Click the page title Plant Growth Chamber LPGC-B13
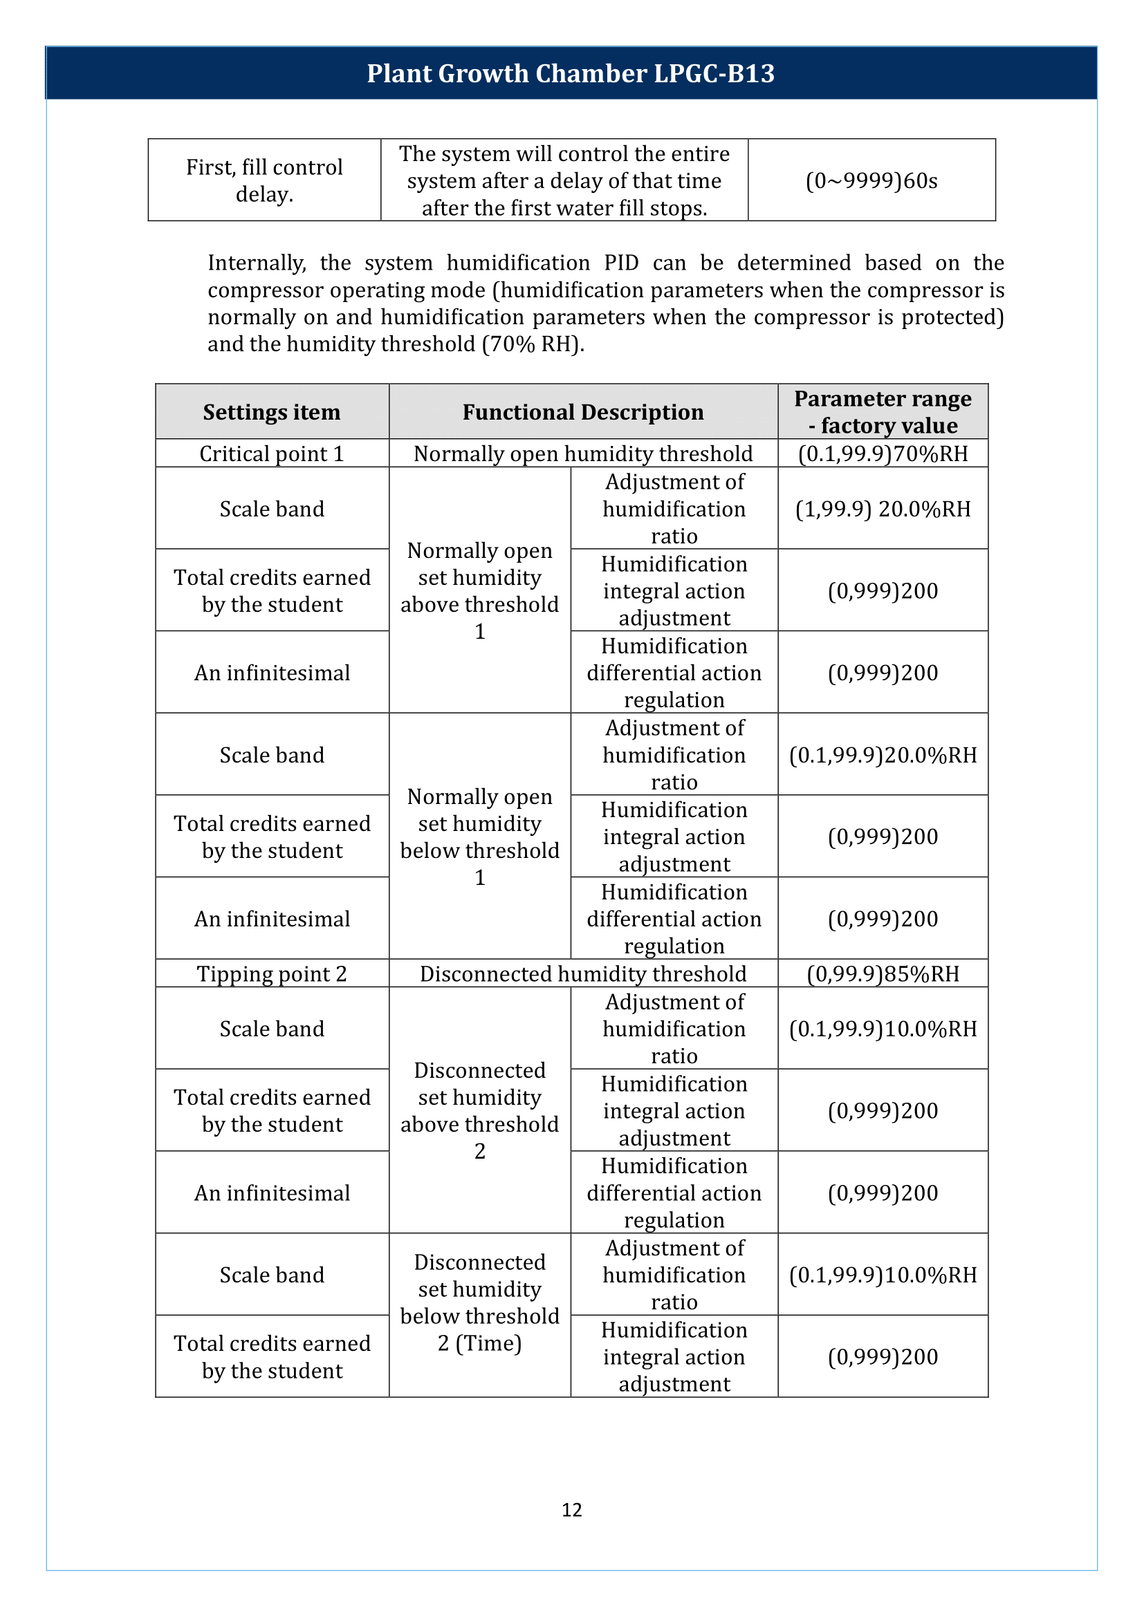pyautogui.click(x=571, y=73)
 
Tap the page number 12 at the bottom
pyautogui.click(x=571, y=1509)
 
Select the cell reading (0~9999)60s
pyautogui.click(x=871, y=181)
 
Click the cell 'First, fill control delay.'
pyautogui.click(x=264, y=180)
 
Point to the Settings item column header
pyautogui.click(x=272, y=412)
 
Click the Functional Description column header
pyautogui.click(x=582, y=412)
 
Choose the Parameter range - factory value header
pyautogui.click(x=883, y=412)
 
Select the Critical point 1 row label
pyautogui.click(x=272, y=454)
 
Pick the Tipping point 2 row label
pyautogui.click(x=272, y=973)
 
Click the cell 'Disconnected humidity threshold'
pyautogui.click(x=582, y=973)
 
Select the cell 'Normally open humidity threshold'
pyautogui.click(x=582, y=454)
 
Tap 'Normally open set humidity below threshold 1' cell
pyautogui.click(x=480, y=836)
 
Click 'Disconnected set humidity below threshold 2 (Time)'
pyautogui.click(x=480, y=1302)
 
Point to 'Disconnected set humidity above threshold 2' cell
pyautogui.click(x=480, y=1110)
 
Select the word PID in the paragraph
pyautogui.click(x=620, y=263)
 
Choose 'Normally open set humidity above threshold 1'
pyautogui.click(x=480, y=590)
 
